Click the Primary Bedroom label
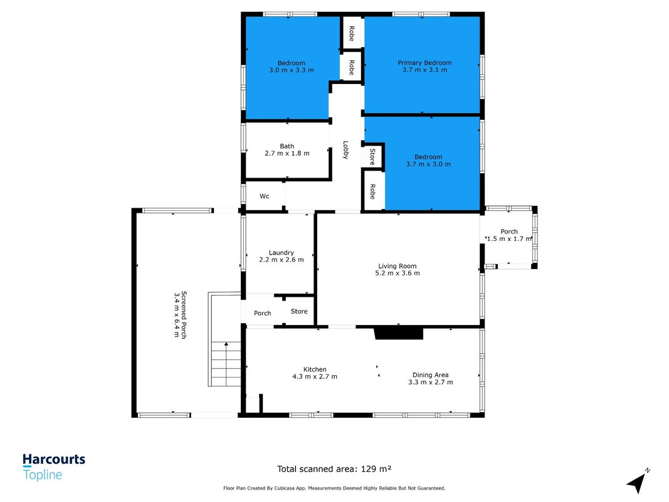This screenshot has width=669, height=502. [424, 63]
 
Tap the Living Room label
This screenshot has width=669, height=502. [398, 266]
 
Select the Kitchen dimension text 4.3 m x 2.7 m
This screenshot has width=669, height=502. [315, 376]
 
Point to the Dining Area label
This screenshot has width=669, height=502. [430, 375]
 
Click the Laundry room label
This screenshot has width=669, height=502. [281, 253]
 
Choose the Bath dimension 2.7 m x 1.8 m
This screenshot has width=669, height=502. [287, 153]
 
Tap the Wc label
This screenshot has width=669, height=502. [265, 196]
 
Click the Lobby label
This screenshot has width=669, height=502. [345, 150]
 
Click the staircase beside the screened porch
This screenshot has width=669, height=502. [225, 339]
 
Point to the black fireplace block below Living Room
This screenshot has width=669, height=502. [399, 333]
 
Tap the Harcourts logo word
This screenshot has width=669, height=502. [54, 459]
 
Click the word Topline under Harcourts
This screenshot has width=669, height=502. [43, 474]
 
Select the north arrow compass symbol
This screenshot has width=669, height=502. [637, 482]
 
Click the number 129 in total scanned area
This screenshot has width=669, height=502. [368, 469]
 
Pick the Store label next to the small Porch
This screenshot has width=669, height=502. [298, 311]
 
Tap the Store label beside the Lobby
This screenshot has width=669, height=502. [372, 157]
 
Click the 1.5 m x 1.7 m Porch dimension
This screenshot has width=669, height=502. [509, 238]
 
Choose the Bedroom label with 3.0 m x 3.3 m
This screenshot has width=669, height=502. [292, 63]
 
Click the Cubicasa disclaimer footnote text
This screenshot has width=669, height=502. [334, 488]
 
